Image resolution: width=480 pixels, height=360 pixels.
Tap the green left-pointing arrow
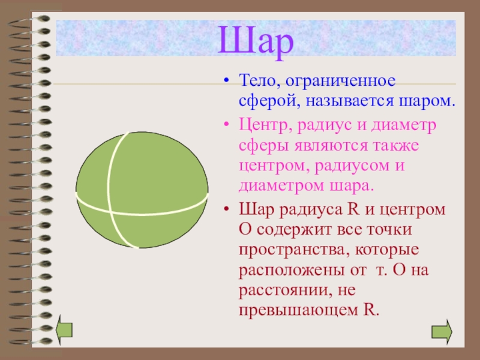[64, 329]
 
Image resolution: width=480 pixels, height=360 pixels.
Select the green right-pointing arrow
[442, 332]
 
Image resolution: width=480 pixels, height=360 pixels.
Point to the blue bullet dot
[226, 81]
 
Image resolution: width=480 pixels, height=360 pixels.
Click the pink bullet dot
[226, 125]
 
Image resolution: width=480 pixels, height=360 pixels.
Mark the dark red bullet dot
[226, 209]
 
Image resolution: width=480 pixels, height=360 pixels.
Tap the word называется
[349, 101]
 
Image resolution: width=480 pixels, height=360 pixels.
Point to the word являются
[331, 146]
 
